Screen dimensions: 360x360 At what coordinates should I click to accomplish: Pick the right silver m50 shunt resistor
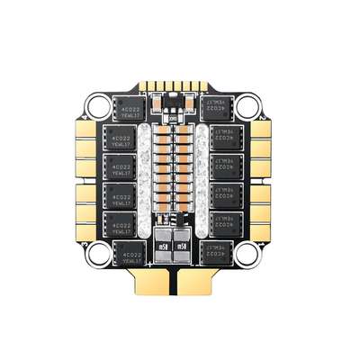pyautogui.click(x=183, y=245)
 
